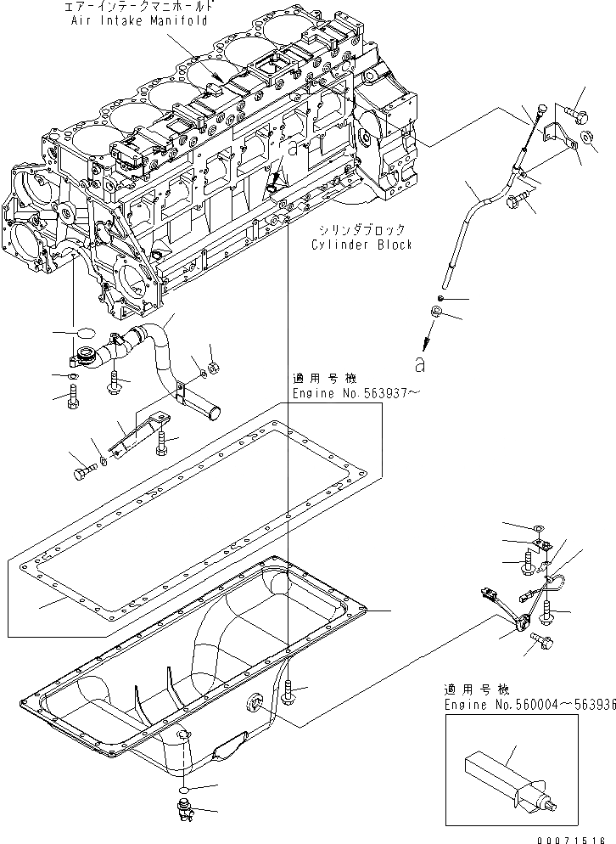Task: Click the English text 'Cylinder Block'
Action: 361,245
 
